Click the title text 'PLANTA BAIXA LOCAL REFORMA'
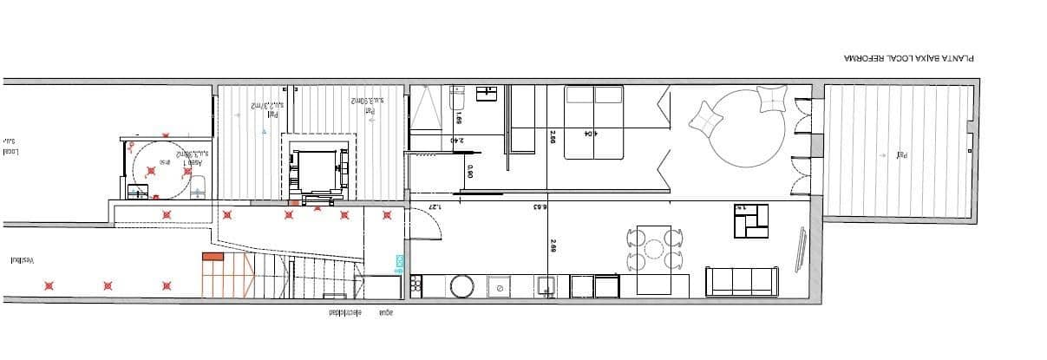[x=909, y=58]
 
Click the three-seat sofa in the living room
[x=741, y=281]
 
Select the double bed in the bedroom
[x=594, y=122]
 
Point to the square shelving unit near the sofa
[x=751, y=220]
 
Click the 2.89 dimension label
[x=553, y=245]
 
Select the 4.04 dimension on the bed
[x=589, y=134]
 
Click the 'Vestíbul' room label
[x=22, y=260]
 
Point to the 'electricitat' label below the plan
[x=344, y=313]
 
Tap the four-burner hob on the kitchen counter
[x=416, y=285]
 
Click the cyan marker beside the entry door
[x=400, y=261]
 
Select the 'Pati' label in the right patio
[x=903, y=155]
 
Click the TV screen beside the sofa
[x=802, y=249]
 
